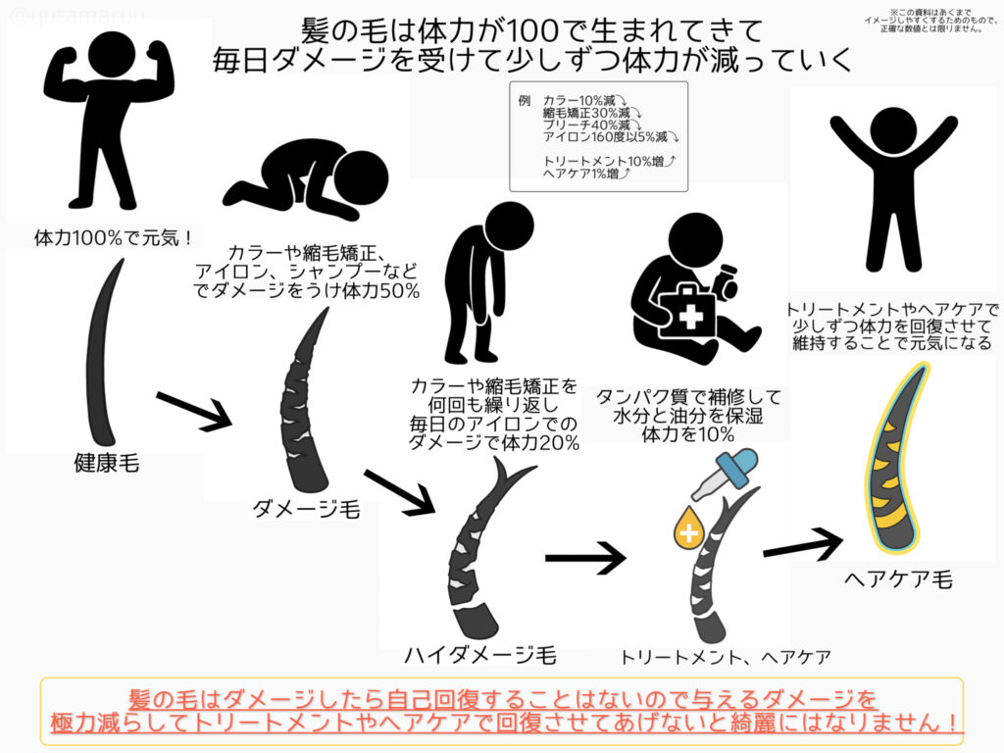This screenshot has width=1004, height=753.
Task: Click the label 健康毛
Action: click(106, 463)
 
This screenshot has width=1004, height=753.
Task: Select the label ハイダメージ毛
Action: click(480, 655)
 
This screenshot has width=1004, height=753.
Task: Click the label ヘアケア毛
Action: click(897, 579)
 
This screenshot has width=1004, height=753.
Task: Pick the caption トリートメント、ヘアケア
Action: click(725, 656)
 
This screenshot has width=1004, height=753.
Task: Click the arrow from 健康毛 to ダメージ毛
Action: click(192, 409)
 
